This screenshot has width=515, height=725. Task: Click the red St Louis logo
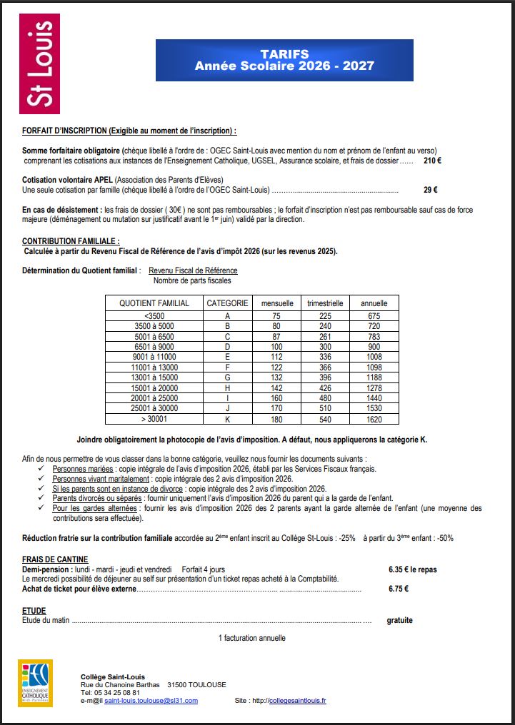click(x=39, y=64)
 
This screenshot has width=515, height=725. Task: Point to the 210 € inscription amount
click(x=432, y=161)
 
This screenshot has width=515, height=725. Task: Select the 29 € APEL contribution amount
click(x=430, y=190)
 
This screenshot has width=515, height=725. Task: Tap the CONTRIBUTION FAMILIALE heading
click(x=71, y=241)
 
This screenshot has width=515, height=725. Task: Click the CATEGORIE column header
click(x=227, y=303)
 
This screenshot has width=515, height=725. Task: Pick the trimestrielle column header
click(x=325, y=303)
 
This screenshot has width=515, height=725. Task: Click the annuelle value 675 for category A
click(x=374, y=316)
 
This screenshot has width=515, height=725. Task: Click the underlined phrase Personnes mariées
click(x=83, y=469)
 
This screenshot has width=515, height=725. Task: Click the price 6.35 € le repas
click(x=412, y=569)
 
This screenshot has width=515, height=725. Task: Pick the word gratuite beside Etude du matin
click(x=399, y=621)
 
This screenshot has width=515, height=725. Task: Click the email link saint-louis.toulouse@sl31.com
click(x=151, y=701)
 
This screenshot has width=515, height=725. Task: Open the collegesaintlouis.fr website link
click(x=297, y=701)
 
